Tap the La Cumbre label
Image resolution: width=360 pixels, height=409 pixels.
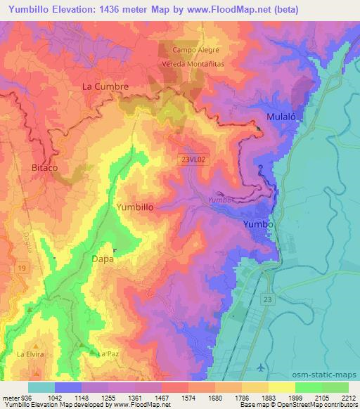pyautogui.click(x=105, y=86)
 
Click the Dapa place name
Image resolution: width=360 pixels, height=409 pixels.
pyautogui.click(x=103, y=259)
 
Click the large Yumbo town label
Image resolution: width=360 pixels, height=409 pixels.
pyautogui.click(x=256, y=223)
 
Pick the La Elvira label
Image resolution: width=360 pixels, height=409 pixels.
pyautogui.click(x=31, y=353)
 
